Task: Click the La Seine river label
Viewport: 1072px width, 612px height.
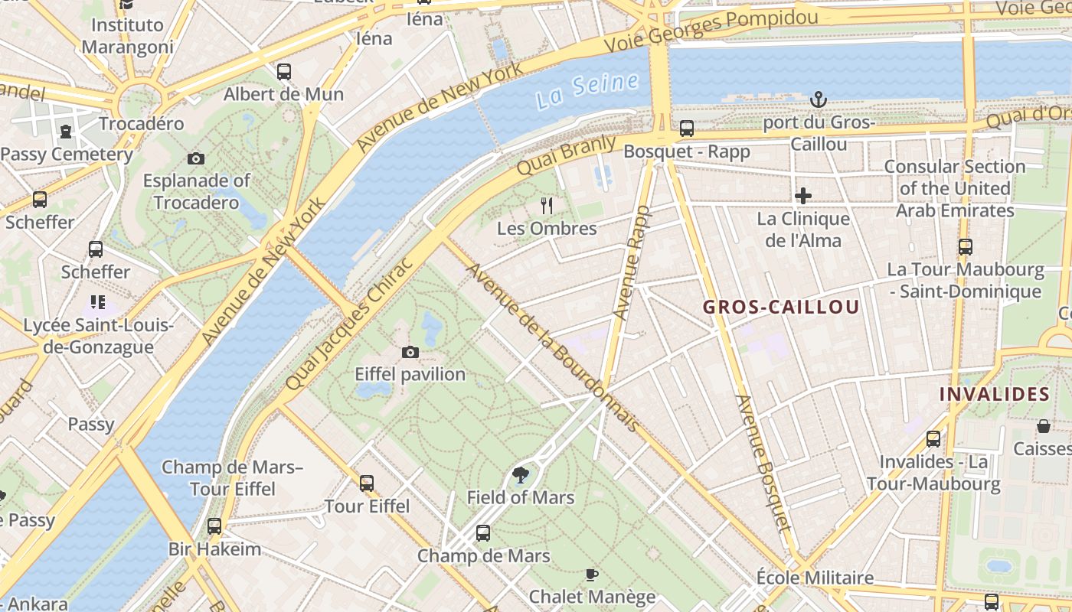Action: [587, 90]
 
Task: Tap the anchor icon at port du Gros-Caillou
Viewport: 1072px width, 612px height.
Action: [819, 99]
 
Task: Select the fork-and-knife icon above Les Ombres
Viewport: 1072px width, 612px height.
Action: [547, 205]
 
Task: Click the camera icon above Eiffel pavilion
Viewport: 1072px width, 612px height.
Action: [410, 352]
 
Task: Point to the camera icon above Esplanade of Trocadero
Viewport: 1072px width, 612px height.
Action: [196, 158]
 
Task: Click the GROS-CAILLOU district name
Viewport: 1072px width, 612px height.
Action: [781, 308]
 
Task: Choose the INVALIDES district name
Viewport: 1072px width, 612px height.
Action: [994, 394]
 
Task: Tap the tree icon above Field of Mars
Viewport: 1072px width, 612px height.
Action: [521, 475]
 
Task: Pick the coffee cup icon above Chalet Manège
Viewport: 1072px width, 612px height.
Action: [591, 575]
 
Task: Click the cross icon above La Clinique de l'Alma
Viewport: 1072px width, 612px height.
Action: [803, 196]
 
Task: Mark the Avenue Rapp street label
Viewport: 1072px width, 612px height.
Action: [632, 262]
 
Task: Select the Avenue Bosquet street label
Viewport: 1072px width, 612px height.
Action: [762, 463]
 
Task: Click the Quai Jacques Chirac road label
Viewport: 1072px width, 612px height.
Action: [349, 323]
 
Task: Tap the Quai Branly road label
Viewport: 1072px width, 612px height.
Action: [566, 155]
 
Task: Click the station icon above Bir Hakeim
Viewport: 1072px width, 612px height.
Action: [214, 526]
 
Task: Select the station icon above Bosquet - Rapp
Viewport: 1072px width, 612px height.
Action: [687, 129]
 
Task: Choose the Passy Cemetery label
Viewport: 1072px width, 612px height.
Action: [67, 154]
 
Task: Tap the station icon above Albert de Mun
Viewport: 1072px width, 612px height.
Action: [284, 72]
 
